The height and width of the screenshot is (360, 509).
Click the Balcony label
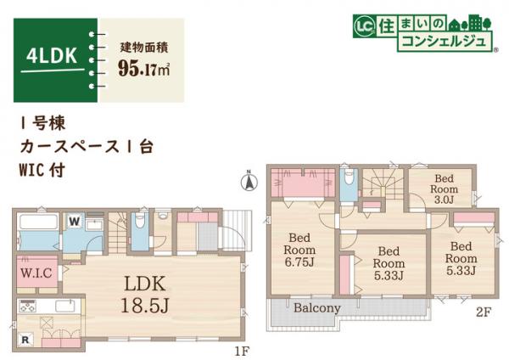tap(318, 308)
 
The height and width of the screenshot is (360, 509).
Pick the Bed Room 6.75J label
tap(300, 250)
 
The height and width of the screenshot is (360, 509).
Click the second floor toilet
tap(348, 183)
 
